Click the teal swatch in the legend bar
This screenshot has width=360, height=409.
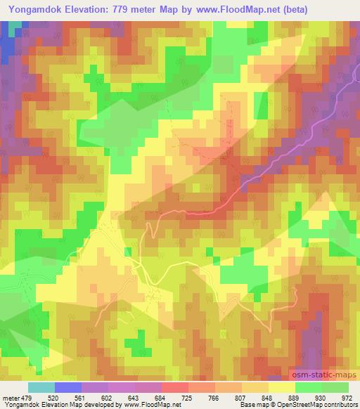[x=41, y=387]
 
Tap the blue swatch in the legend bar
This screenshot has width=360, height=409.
[x=68, y=387]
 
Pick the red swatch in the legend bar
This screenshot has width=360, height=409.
[x=175, y=387]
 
